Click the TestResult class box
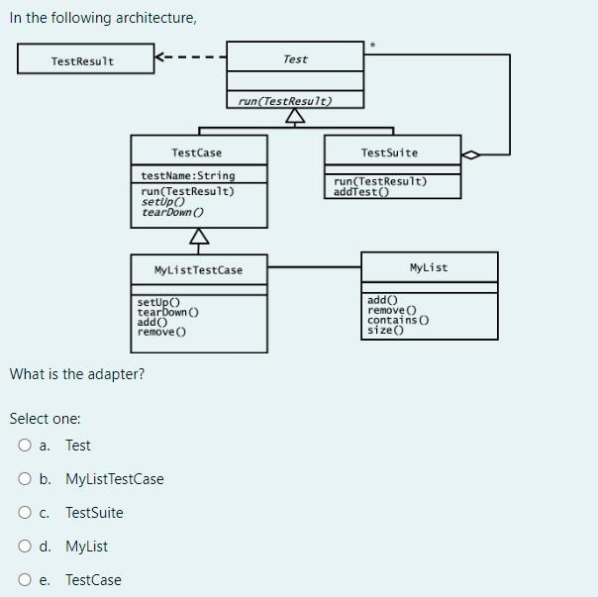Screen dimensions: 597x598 pyautogui.click(x=84, y=61)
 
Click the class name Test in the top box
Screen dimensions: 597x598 pyautogui.click(x=295, y=59)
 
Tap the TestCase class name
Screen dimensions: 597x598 pyautogui.click(x=196, y=152)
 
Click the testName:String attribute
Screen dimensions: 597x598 pyautogui.click(x=189, y=175)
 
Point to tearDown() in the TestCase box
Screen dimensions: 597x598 pyautogui.click(x=173, y=212)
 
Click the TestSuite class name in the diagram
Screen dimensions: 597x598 pyautogui.click(x=389, y=152)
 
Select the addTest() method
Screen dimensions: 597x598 pyautogui.click(x=361, y=192)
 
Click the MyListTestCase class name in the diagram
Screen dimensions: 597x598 pyautogui.click(x=198, y=270)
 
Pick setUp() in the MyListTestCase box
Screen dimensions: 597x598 pyautogui.click(x=158, y=300)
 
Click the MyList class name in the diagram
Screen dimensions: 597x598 pyautogui.click(x=428, y=267)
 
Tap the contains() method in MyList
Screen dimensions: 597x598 pyautogui.click(x=398, y=320)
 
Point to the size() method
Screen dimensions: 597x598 pyautogui.click(x=386, y=330)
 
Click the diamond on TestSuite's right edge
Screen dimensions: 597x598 pyautogui.click(x=472, y=154)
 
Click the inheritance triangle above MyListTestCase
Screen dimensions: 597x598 pyautogui.click(x=199, y=236)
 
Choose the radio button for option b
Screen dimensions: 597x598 pyautogui.click(x=25, y=479)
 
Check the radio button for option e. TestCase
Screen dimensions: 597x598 pyautogui.click(x=25, y=580)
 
